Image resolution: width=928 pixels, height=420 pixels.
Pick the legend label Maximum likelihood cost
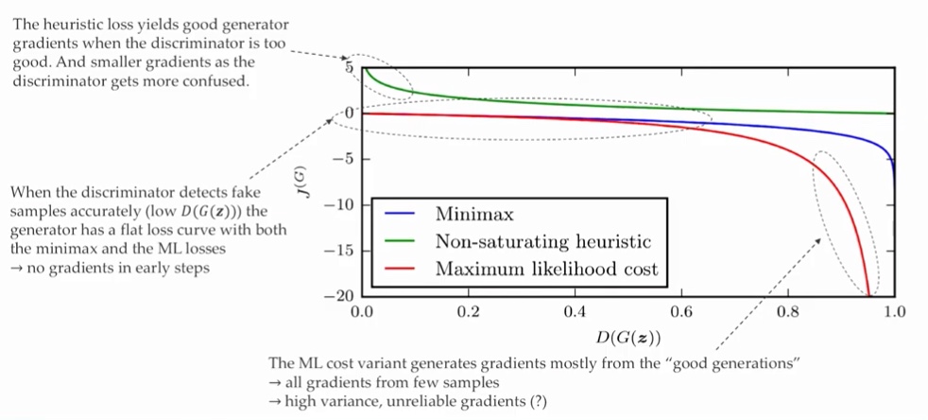(546, 269)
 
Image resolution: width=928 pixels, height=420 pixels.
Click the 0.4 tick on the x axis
(575, 311)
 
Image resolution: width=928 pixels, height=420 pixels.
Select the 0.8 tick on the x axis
(788, 311)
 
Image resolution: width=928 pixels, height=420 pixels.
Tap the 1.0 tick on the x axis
(894, 311)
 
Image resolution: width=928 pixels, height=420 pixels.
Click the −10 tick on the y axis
(337, 205)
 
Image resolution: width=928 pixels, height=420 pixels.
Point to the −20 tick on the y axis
(337, 296)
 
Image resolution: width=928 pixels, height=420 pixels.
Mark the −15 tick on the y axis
(337, 251)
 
